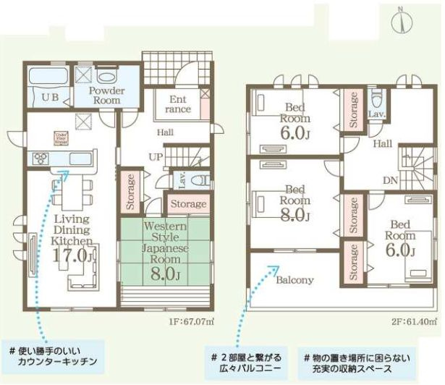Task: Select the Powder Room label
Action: tap(106, 96)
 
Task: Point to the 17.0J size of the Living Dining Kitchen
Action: tap(72, 255)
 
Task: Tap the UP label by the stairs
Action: tap(154, 157)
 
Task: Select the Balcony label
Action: tap(294, 280)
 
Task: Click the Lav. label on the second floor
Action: tap(376, 115)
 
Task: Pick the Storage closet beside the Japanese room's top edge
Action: tap(189, 204)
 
